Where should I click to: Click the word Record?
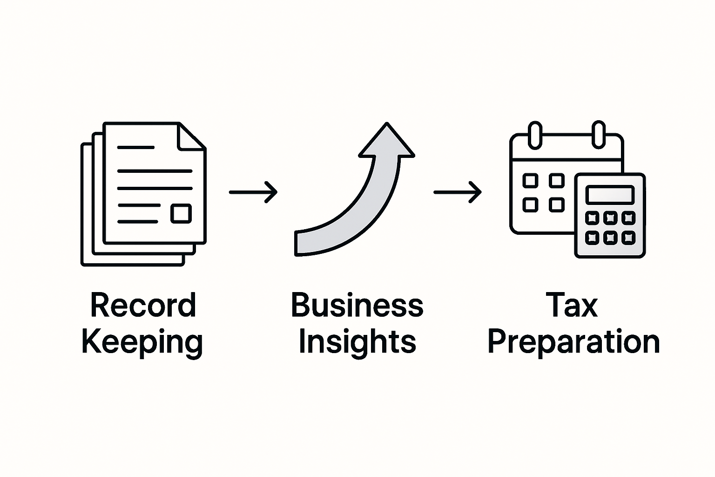coord(143,306)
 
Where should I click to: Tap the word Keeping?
coord(142,342)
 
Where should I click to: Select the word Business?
coord(357,306)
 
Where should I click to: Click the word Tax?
coord(573,306)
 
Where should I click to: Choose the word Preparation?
coord(573,342)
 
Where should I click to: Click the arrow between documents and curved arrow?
coord(253,191)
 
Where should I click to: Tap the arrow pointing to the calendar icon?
coord(458,191)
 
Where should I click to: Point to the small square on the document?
coord(181,213)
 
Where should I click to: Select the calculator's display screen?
coord(610,194)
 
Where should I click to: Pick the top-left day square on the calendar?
coord(531,181)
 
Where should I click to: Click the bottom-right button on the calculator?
coord(628,238)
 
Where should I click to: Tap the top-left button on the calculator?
coord(592,218)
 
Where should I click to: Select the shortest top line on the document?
coord(135,147)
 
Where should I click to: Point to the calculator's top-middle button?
coord(610,218)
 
